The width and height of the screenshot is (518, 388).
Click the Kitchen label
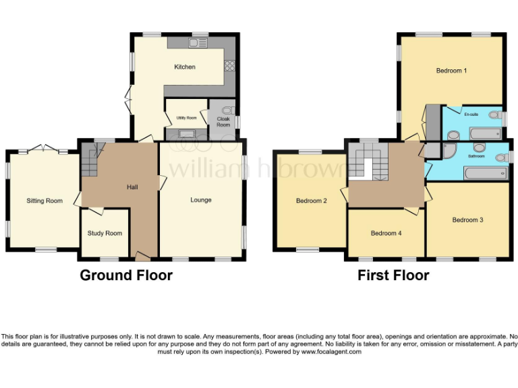(185, 67)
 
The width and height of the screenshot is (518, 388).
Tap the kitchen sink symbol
(198, 44)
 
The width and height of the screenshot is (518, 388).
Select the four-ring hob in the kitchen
(229, 66)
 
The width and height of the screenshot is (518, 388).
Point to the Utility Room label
(185, 118)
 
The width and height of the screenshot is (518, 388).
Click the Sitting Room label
(45, 201)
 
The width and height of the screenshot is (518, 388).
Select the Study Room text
(105, 233)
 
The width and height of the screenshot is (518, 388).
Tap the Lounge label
(201, 200)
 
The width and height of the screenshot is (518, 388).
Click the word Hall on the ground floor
(133, 187)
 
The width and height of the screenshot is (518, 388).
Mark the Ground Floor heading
(126, 275)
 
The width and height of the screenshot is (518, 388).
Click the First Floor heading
(393, 275)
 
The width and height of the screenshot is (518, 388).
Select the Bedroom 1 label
(451, 71)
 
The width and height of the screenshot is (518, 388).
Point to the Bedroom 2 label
(312, 201)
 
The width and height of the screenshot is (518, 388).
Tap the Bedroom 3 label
(468, 220)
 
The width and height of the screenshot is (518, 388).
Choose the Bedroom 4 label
(386, 233)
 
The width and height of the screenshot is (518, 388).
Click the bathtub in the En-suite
(484, 133)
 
